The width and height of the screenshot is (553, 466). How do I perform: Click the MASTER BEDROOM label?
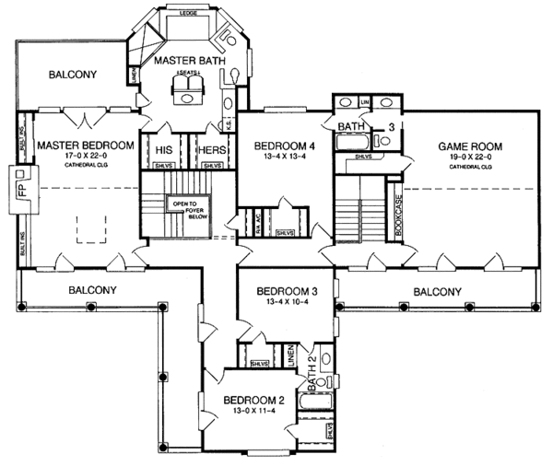84,145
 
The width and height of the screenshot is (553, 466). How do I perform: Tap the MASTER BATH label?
184,61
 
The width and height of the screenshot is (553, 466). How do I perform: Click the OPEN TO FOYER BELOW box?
189,208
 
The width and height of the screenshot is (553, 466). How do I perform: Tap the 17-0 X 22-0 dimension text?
84,157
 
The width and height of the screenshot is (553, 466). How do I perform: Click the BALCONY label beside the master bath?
75,74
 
